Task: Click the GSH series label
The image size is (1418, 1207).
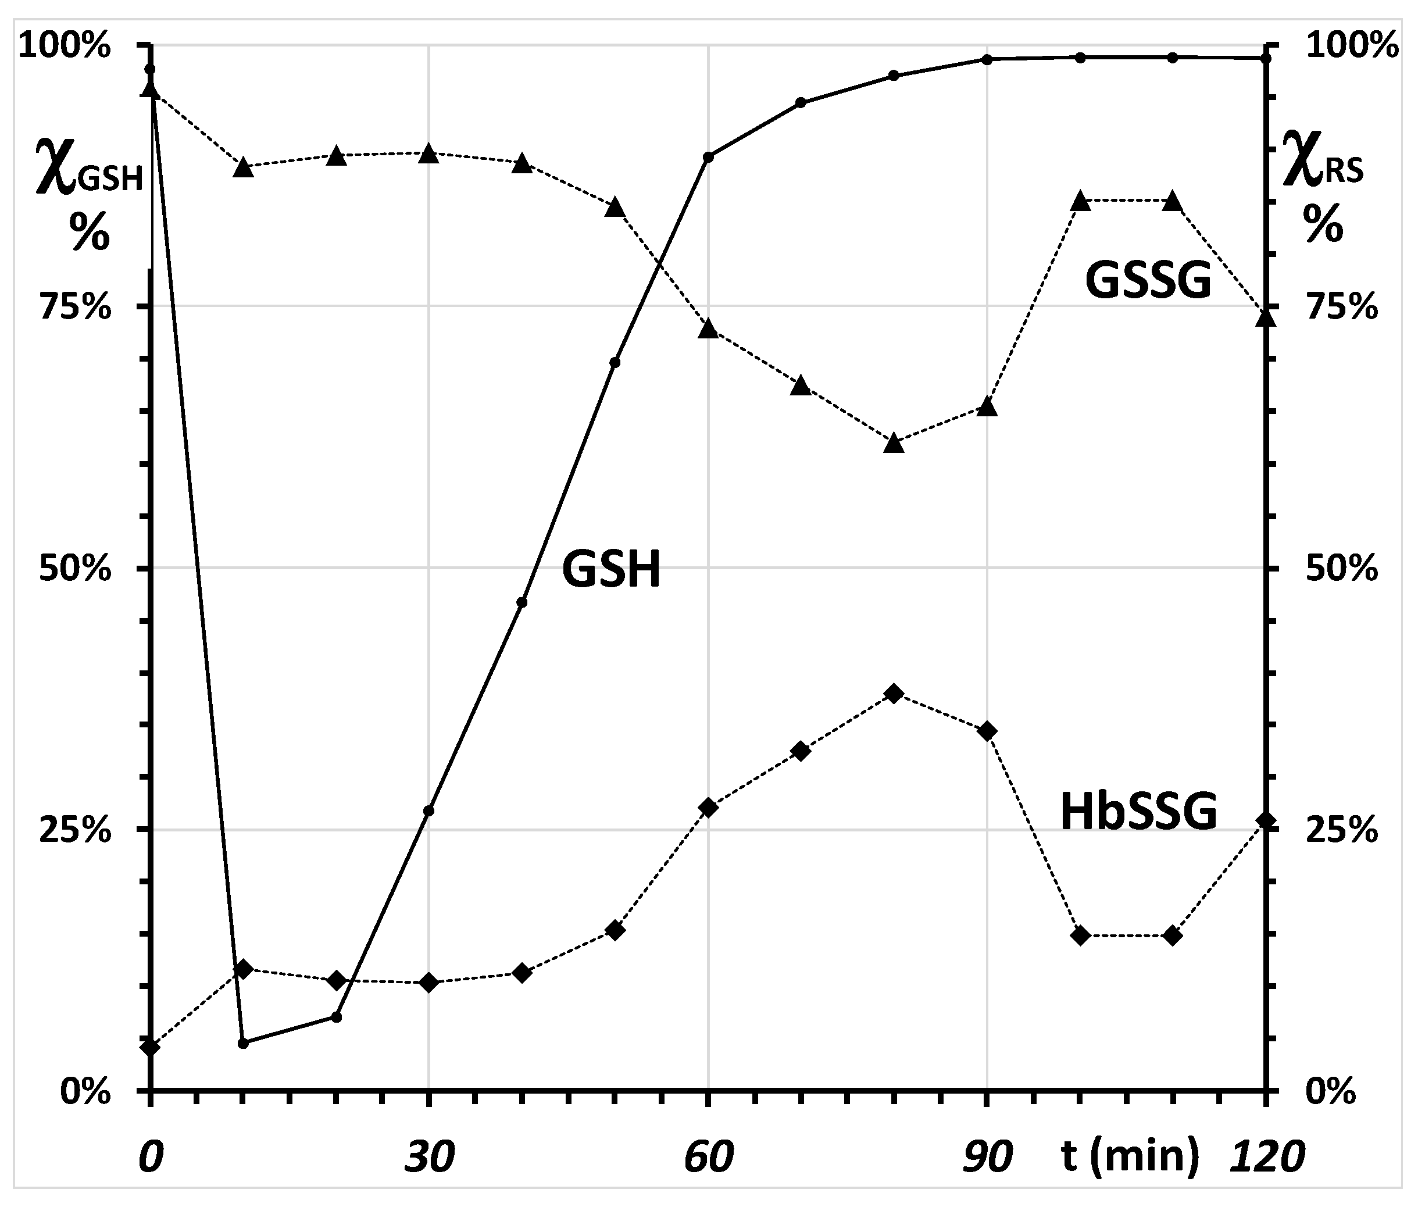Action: coord(611,569)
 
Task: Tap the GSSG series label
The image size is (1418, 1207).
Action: coord(1148,281)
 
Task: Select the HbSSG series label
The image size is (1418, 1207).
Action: coord(1139,812)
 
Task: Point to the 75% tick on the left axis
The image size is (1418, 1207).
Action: coord(75,307)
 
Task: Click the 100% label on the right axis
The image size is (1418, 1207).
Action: coord(1352,47)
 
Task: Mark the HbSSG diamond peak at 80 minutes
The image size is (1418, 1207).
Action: coord(894,694)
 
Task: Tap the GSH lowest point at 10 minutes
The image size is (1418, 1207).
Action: coord(243,1044)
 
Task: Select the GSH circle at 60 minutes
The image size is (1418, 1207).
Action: coord(709,157)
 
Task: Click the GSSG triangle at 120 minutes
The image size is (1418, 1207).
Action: coord(1266,318)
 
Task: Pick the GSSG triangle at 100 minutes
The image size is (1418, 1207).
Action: coord(1080,201)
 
